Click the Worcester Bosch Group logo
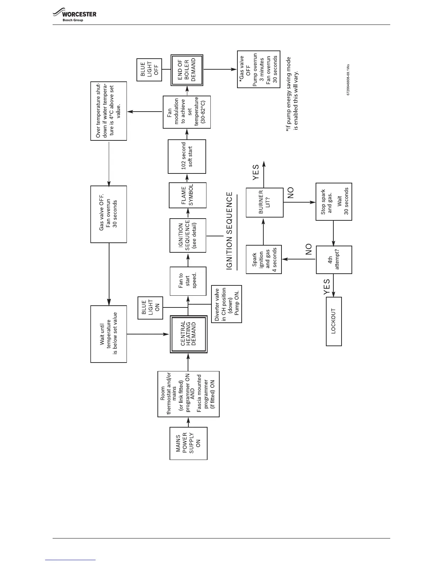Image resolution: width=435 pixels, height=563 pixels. [75, 16]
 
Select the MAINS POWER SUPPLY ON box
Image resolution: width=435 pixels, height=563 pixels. [188, 443]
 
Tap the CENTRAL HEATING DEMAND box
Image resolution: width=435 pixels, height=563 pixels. [188, 334]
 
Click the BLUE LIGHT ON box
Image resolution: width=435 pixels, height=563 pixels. [150, 307]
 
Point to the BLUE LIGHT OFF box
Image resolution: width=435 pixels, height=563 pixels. [149, 69]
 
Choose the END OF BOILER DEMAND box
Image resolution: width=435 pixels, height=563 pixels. [187, 70]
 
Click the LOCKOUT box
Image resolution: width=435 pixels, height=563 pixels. [334, 321]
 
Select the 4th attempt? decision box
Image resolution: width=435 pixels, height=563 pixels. [334, 260]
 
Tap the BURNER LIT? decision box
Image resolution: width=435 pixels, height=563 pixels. [265, 202]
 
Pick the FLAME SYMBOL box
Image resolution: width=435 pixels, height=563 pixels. [188, 195]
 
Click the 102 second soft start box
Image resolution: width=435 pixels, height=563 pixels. [187, 156]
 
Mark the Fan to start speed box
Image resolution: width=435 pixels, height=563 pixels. [188, 281]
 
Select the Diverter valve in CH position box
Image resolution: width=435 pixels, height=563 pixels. [226, 304]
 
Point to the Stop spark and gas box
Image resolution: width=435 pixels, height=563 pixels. [334, 202]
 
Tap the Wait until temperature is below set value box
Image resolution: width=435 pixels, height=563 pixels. [108, 334]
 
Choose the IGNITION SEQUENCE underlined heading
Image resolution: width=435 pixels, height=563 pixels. [230, 231]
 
